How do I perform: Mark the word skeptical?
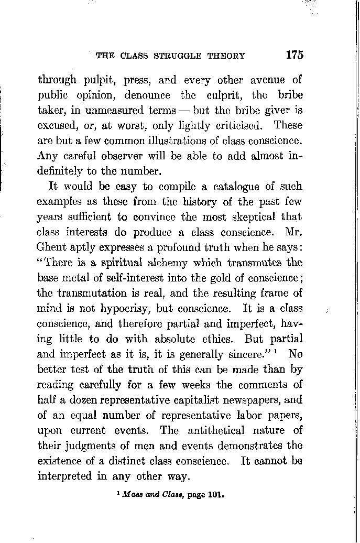[255, 216]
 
